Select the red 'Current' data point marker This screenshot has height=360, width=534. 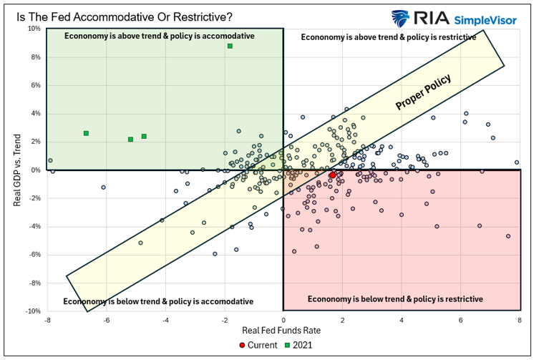(x=333, y=175)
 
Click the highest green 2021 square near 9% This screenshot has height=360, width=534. (x=230, y=46)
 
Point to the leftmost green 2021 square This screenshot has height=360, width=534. (x=86, y=133)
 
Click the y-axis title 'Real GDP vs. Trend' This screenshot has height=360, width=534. (x=16, y=170)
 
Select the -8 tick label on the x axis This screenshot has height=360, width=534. (x=47, y=320)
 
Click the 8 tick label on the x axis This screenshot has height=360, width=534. (x=520, y=320)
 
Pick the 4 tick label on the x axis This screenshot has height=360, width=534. (x=402, y=320)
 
